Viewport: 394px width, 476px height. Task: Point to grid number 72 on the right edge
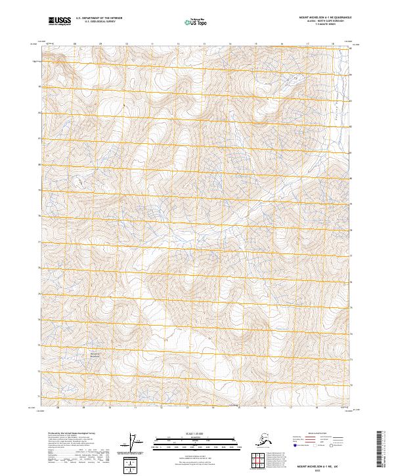[351, 385]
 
